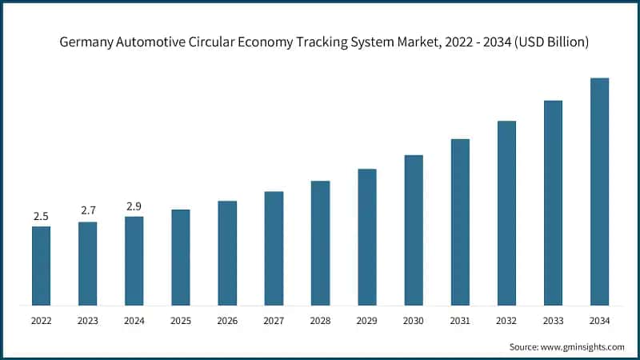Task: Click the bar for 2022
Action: pyautogui.click(x=41, y=266)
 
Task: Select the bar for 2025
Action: pyautogui.click(x=181, y=257)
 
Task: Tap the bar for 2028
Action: pyautogui.click(x=320, y=242)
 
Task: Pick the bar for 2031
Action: pyautogui.click(x=460, y=222)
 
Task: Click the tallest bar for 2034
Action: pyautogui.click(x=599, y=191)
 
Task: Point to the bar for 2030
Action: pyautogui.click(x=414, y=230)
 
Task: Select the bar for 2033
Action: pyautogui.click(x=553, y=202)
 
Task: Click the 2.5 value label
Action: pyautogui.click(x=41, y=216)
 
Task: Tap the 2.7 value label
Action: pyautogui.click(x=87, y=211)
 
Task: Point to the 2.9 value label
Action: pyautogui.click(x=134, y=206)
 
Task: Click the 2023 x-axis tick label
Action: pyautogui.click(x=87, y=321)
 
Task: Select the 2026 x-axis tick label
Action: pyautogui.click(x=227, y=321)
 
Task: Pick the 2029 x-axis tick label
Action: pyautogui.click(x=366, y=321)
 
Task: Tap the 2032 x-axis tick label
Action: pyautogui.click(x=506, y=321)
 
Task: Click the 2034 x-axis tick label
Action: pyautogui.click(x=599, y=321)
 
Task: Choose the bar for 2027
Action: pyautogui.click(x=274, y=248)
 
